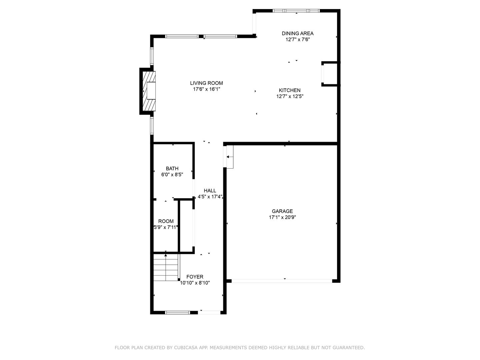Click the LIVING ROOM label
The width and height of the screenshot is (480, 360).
(x=206, y=83)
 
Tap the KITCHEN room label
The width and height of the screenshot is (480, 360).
(x=289, y=90)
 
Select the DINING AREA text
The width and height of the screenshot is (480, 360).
(x=297, y=33)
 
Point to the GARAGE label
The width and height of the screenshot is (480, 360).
(x=282, y=211)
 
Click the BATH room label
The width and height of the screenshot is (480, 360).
(x=172, y=169)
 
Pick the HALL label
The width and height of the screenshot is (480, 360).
(x=210, y=191)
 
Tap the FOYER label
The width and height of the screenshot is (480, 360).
(x=195, y=277)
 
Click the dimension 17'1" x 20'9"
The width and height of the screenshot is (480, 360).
(x=282, y=217)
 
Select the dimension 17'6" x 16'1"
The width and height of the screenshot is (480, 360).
(x=206, y=89)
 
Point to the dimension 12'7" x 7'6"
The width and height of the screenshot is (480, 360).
(x=297, y=39)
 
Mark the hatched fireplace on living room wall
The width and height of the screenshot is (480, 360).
(x=149, y=91)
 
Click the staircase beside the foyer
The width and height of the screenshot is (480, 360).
(x=166, y=268)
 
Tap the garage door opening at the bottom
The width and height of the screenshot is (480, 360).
(x=282, y=281)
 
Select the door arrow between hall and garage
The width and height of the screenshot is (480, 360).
(x=230, y=156)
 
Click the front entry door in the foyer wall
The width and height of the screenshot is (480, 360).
(x=210, y=312)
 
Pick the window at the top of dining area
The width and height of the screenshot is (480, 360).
(x=296, y=11)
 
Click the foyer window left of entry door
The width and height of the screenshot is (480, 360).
(x=177, y=312)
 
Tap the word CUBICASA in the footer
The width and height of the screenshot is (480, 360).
(x=187, y=348)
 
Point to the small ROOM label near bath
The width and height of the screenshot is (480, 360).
(x=166, y=221)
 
